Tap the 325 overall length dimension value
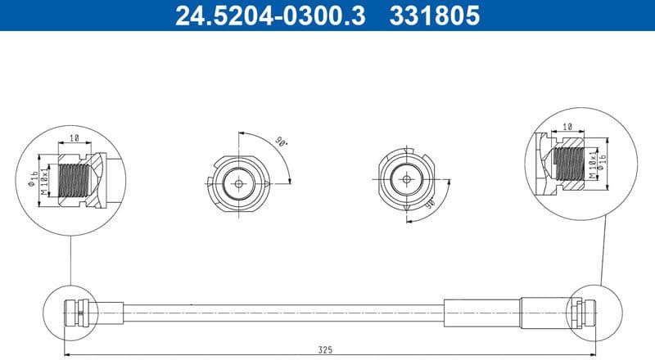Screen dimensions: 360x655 pyautogui.click(x=326, y=349)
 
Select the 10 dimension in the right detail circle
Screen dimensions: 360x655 pyautogui.click(x=567, y=128)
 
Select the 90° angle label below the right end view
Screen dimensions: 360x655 pyautogui.click(x=429, y=206)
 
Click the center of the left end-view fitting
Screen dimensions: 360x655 pyautogui.click(x=237, y=183)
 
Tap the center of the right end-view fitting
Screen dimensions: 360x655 pyautogui.click(x=406, y=178)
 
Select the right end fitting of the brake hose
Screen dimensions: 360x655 pyautogui.click(x=579, y=312)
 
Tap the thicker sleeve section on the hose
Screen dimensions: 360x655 pyautogui.click(x=483, y=312)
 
